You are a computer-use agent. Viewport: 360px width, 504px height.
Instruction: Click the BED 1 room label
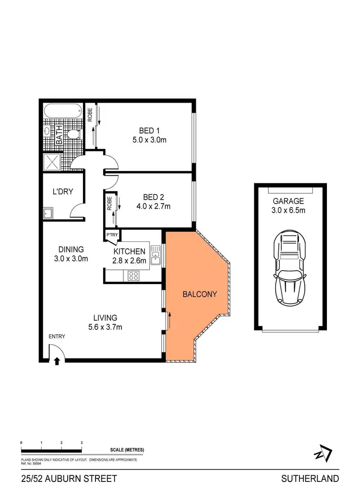click(147, 131)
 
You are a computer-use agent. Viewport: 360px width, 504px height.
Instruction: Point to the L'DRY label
click(63, 192)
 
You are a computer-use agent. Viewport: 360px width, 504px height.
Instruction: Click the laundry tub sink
click(48, 213)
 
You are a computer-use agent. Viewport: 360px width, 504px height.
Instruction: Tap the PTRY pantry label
click(112, 235)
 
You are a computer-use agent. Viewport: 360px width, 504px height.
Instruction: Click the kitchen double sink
click(155, 255)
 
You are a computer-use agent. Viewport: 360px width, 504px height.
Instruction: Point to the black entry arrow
click(57, 361)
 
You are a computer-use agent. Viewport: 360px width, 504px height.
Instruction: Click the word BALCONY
click(200, 294)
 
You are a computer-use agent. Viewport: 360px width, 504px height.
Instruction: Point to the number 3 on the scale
click(82, 443)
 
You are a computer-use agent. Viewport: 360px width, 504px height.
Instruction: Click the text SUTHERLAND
click(310, 479)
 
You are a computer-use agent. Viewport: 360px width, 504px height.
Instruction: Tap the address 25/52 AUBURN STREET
click(69, 479)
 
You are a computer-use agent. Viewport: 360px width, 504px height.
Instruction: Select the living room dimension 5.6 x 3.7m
click(105, 327)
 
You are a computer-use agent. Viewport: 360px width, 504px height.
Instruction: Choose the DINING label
click(71, 249)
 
